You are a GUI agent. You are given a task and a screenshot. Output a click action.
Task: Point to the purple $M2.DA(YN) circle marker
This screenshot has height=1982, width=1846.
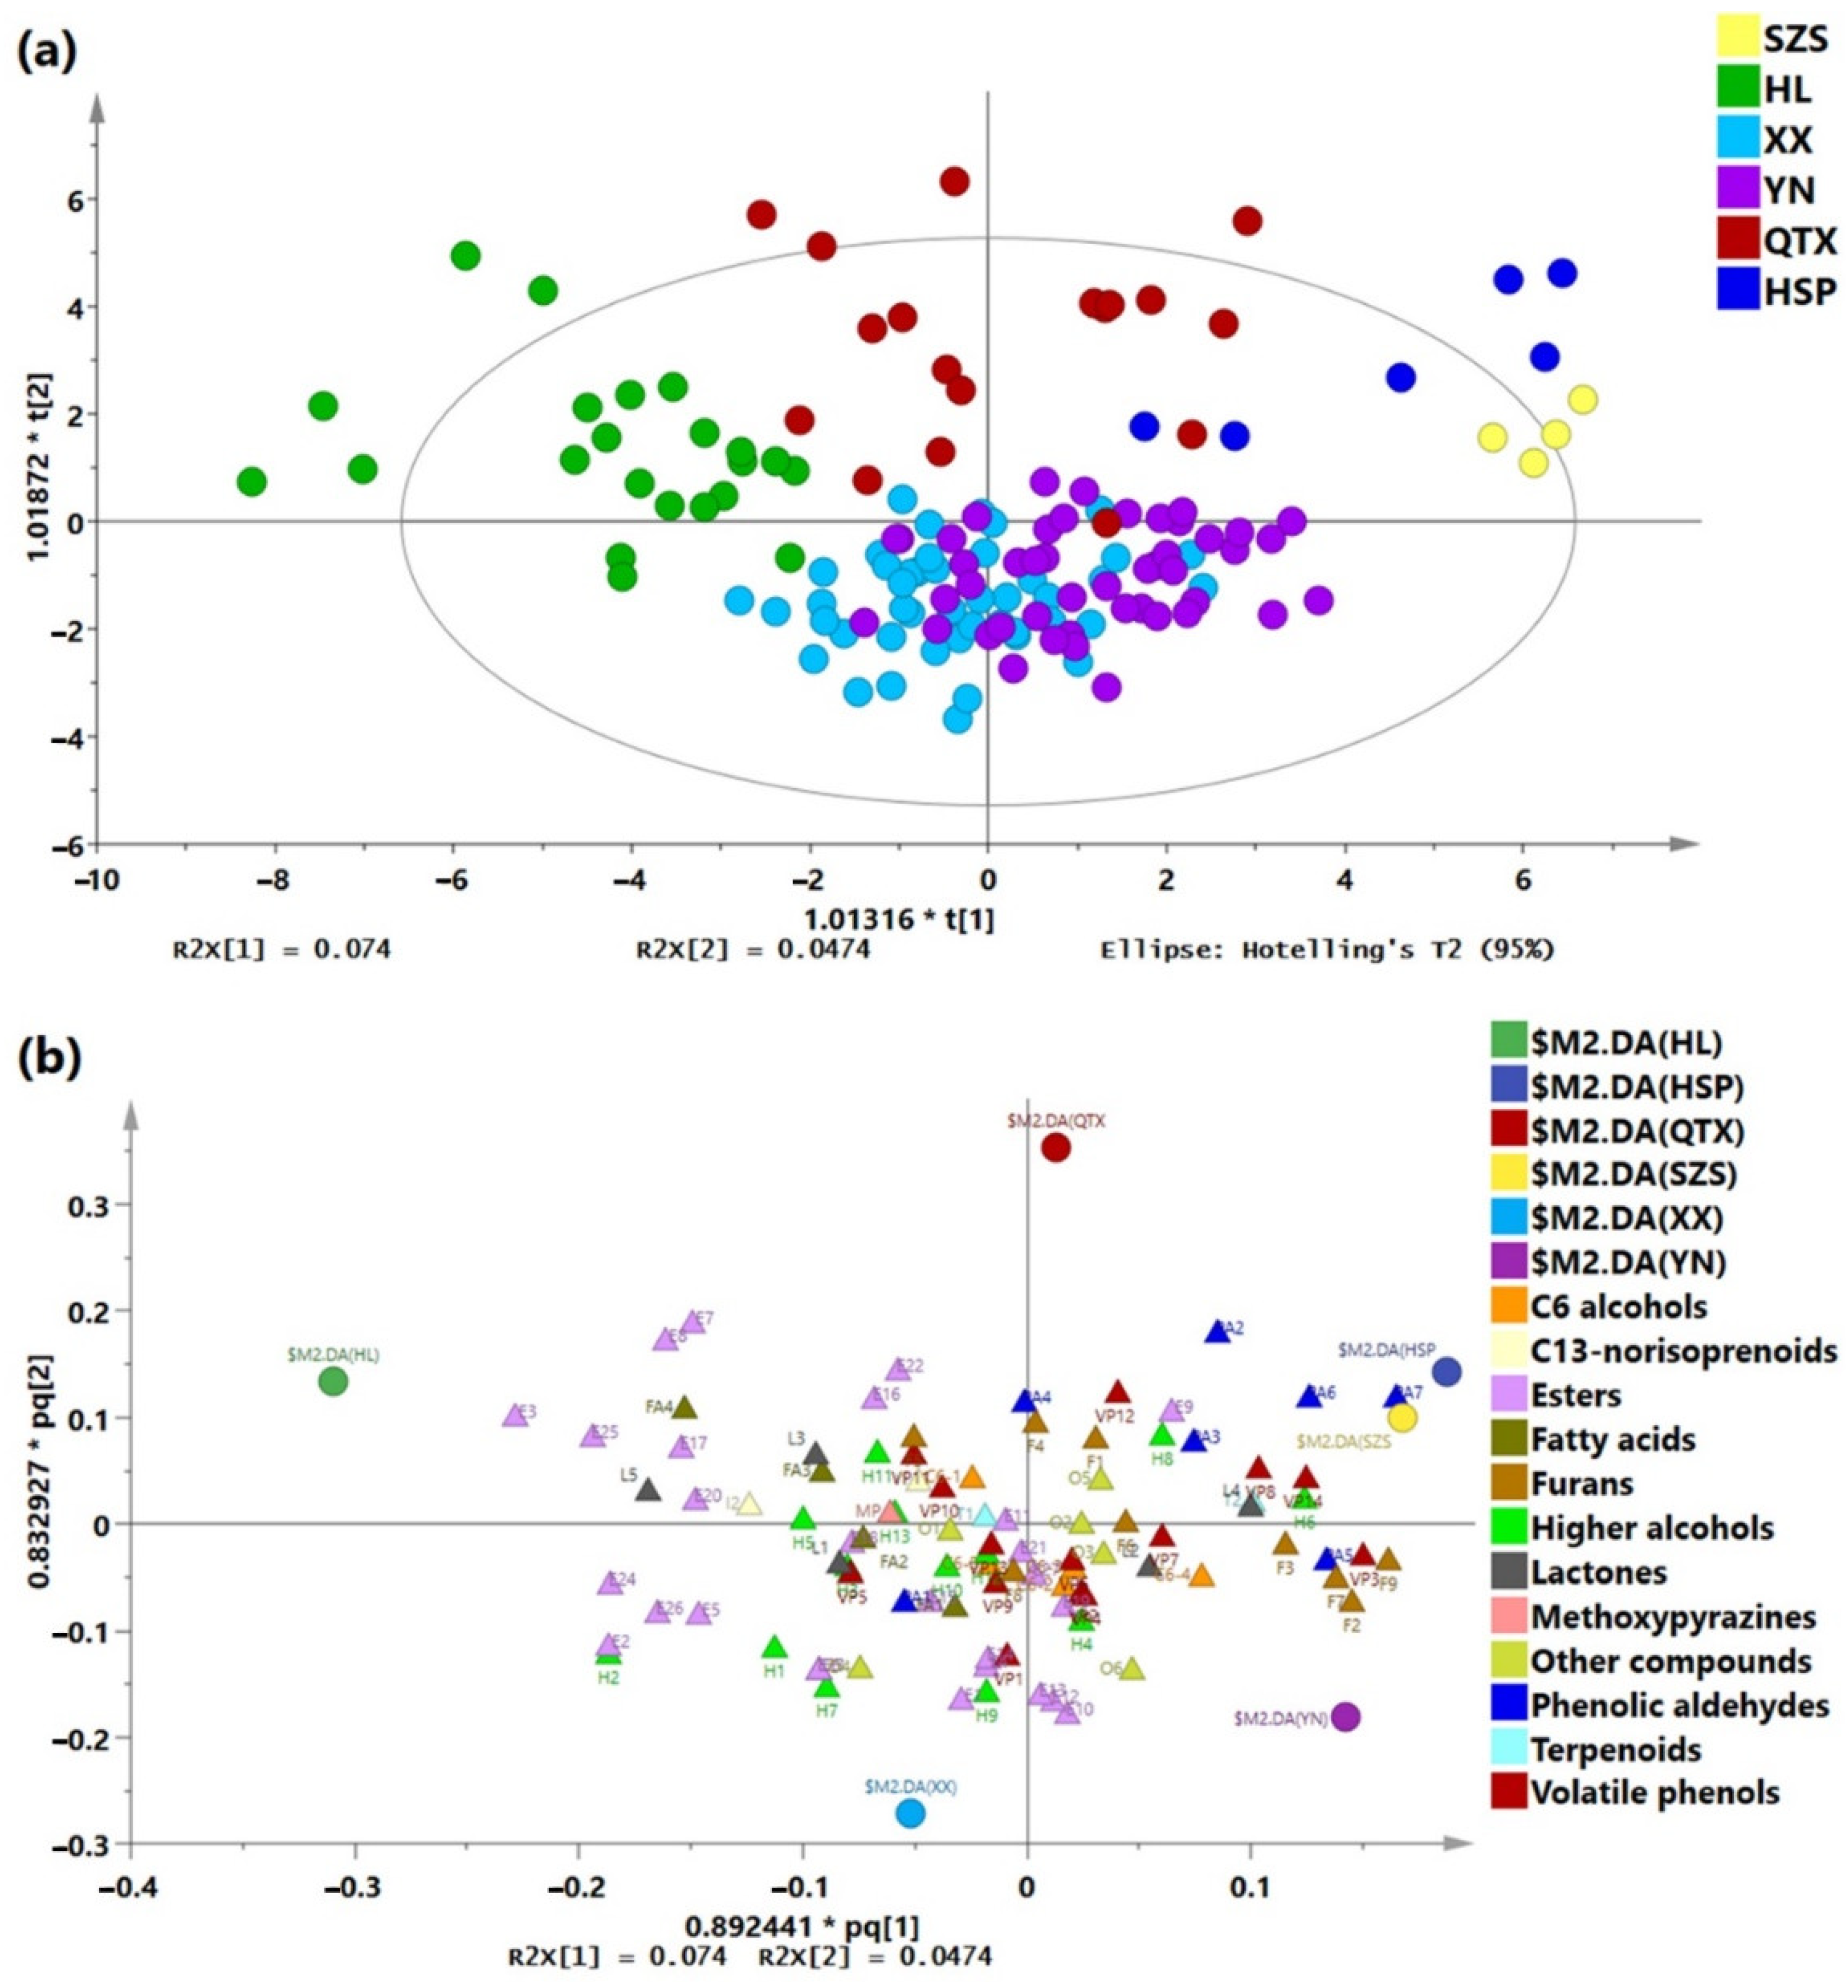tap(1346, 1716)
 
